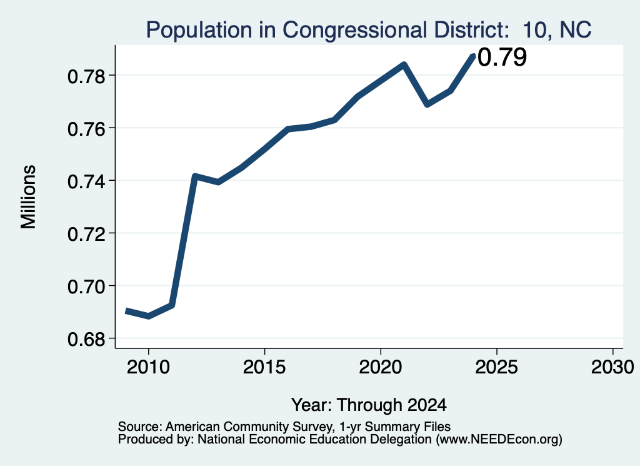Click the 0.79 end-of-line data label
click(502, 57)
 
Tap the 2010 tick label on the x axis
click(148, 367)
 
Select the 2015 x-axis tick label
click(264, 367)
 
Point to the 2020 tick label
click(381, 367)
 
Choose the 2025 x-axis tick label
click(497, 367)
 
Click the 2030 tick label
click(612, 367)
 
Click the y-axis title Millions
click(29, 196)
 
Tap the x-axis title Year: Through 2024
click(369, 405)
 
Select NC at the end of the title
click(576, 30)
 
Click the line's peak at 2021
click(404, 64)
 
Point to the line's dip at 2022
click(427, 104)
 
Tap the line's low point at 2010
click(149, 316)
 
